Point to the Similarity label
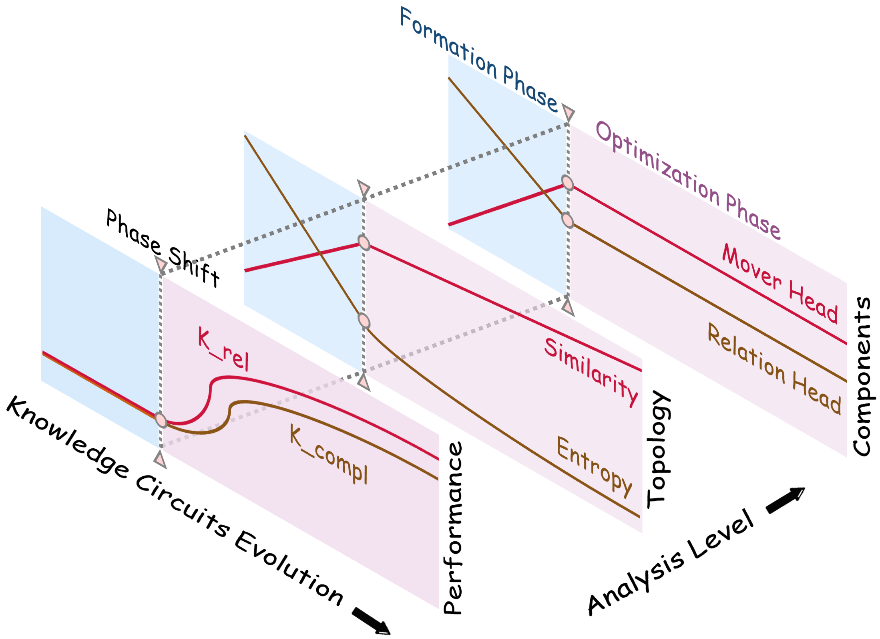[591, 371]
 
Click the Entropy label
[595, 466]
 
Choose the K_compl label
[329, 454]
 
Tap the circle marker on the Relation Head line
[567, 220]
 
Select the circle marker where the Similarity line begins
[364, 242]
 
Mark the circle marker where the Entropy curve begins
[364, 321]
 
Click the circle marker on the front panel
[161, 419]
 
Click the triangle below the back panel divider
[568, 307]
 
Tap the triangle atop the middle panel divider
[364, 188]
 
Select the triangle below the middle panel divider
[364, 381]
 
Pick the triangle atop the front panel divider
[161, 264]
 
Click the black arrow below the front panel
[371, 621]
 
